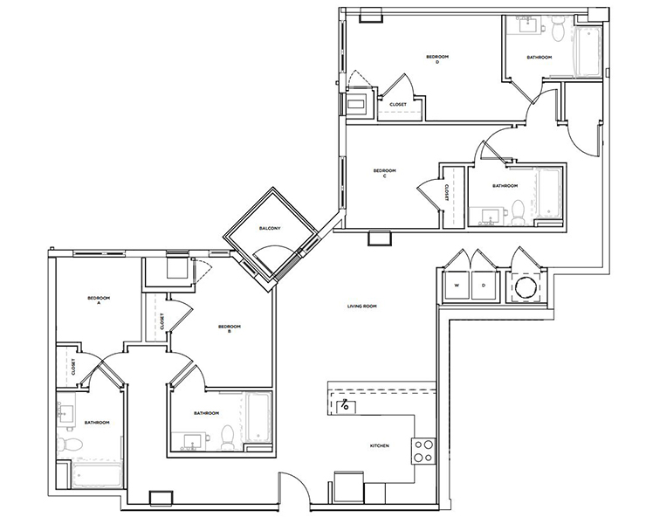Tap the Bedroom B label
coord(230,328)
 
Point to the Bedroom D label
coord(431,59)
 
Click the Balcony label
coord(270,228)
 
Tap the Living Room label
coord(361,307)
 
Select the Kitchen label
coord(379,445)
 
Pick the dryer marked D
coord(483,286)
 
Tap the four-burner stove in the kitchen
coord(423,450)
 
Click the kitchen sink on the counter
coord(347,405)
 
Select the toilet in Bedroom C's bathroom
coord(517,210)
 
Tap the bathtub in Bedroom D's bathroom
coord(586,51)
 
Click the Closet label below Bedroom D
coord(397,104)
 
